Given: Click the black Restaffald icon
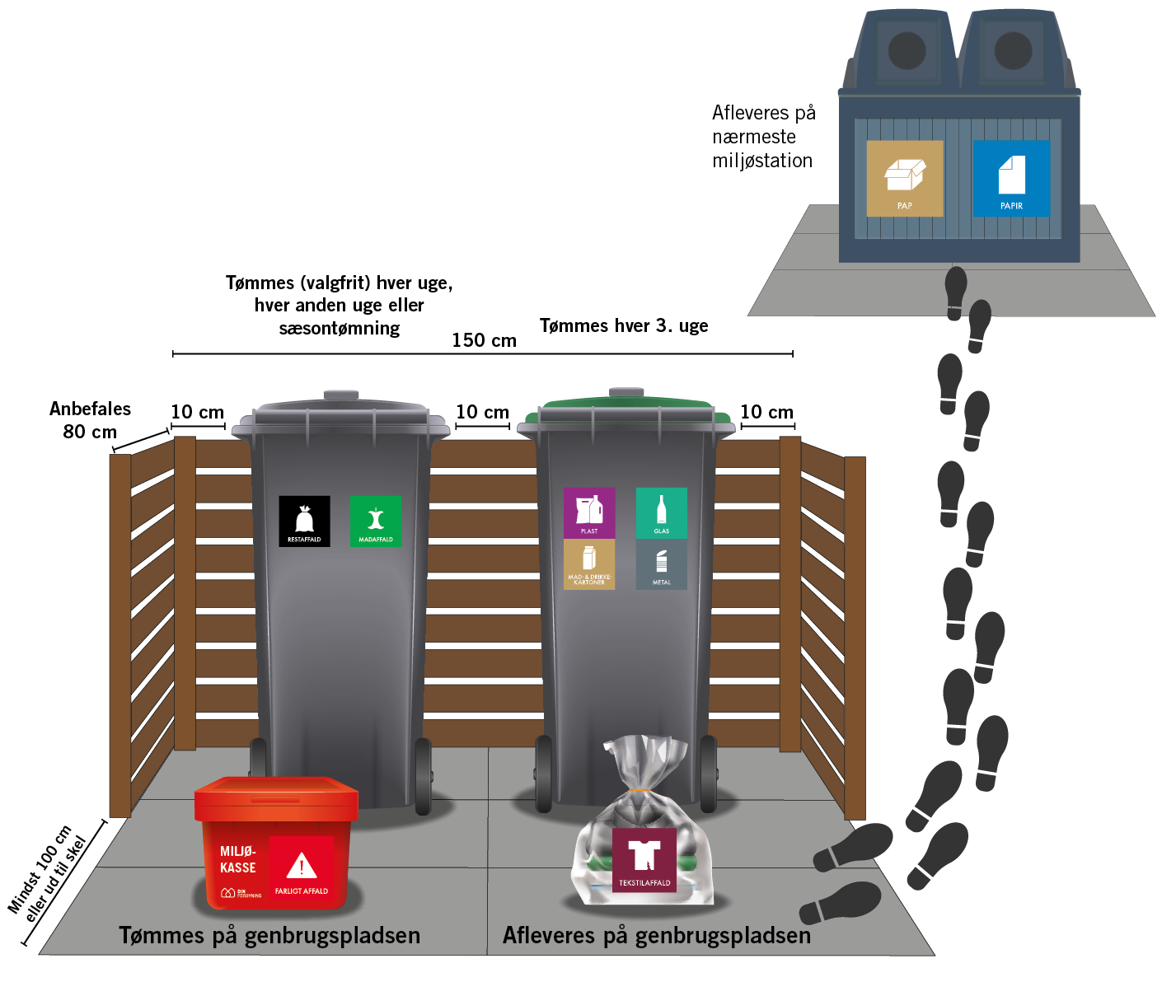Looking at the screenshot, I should tap(304, 521).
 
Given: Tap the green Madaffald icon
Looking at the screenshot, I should tap(376, 521).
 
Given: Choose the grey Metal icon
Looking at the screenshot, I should tap(661, 564).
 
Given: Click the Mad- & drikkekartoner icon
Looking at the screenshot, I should tap(589, 564).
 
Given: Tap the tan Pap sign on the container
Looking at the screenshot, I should tap(905, 178).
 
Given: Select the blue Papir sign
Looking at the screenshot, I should tap(1011, 178).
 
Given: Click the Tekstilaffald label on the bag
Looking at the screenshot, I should tap(644, 860).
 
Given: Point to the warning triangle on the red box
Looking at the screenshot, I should tap(302, 866).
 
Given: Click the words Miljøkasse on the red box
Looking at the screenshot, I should tap(237, 859).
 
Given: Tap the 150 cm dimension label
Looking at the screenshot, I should tap(484, 340).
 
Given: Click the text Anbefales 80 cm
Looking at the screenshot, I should tap(90, 420).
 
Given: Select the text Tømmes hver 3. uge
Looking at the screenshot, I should tap(624, 325).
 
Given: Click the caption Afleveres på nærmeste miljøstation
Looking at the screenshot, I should tap(763, 137).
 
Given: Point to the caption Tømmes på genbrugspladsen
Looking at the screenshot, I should tap(269, 936).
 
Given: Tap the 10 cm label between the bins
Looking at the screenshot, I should tap(482, 412).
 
